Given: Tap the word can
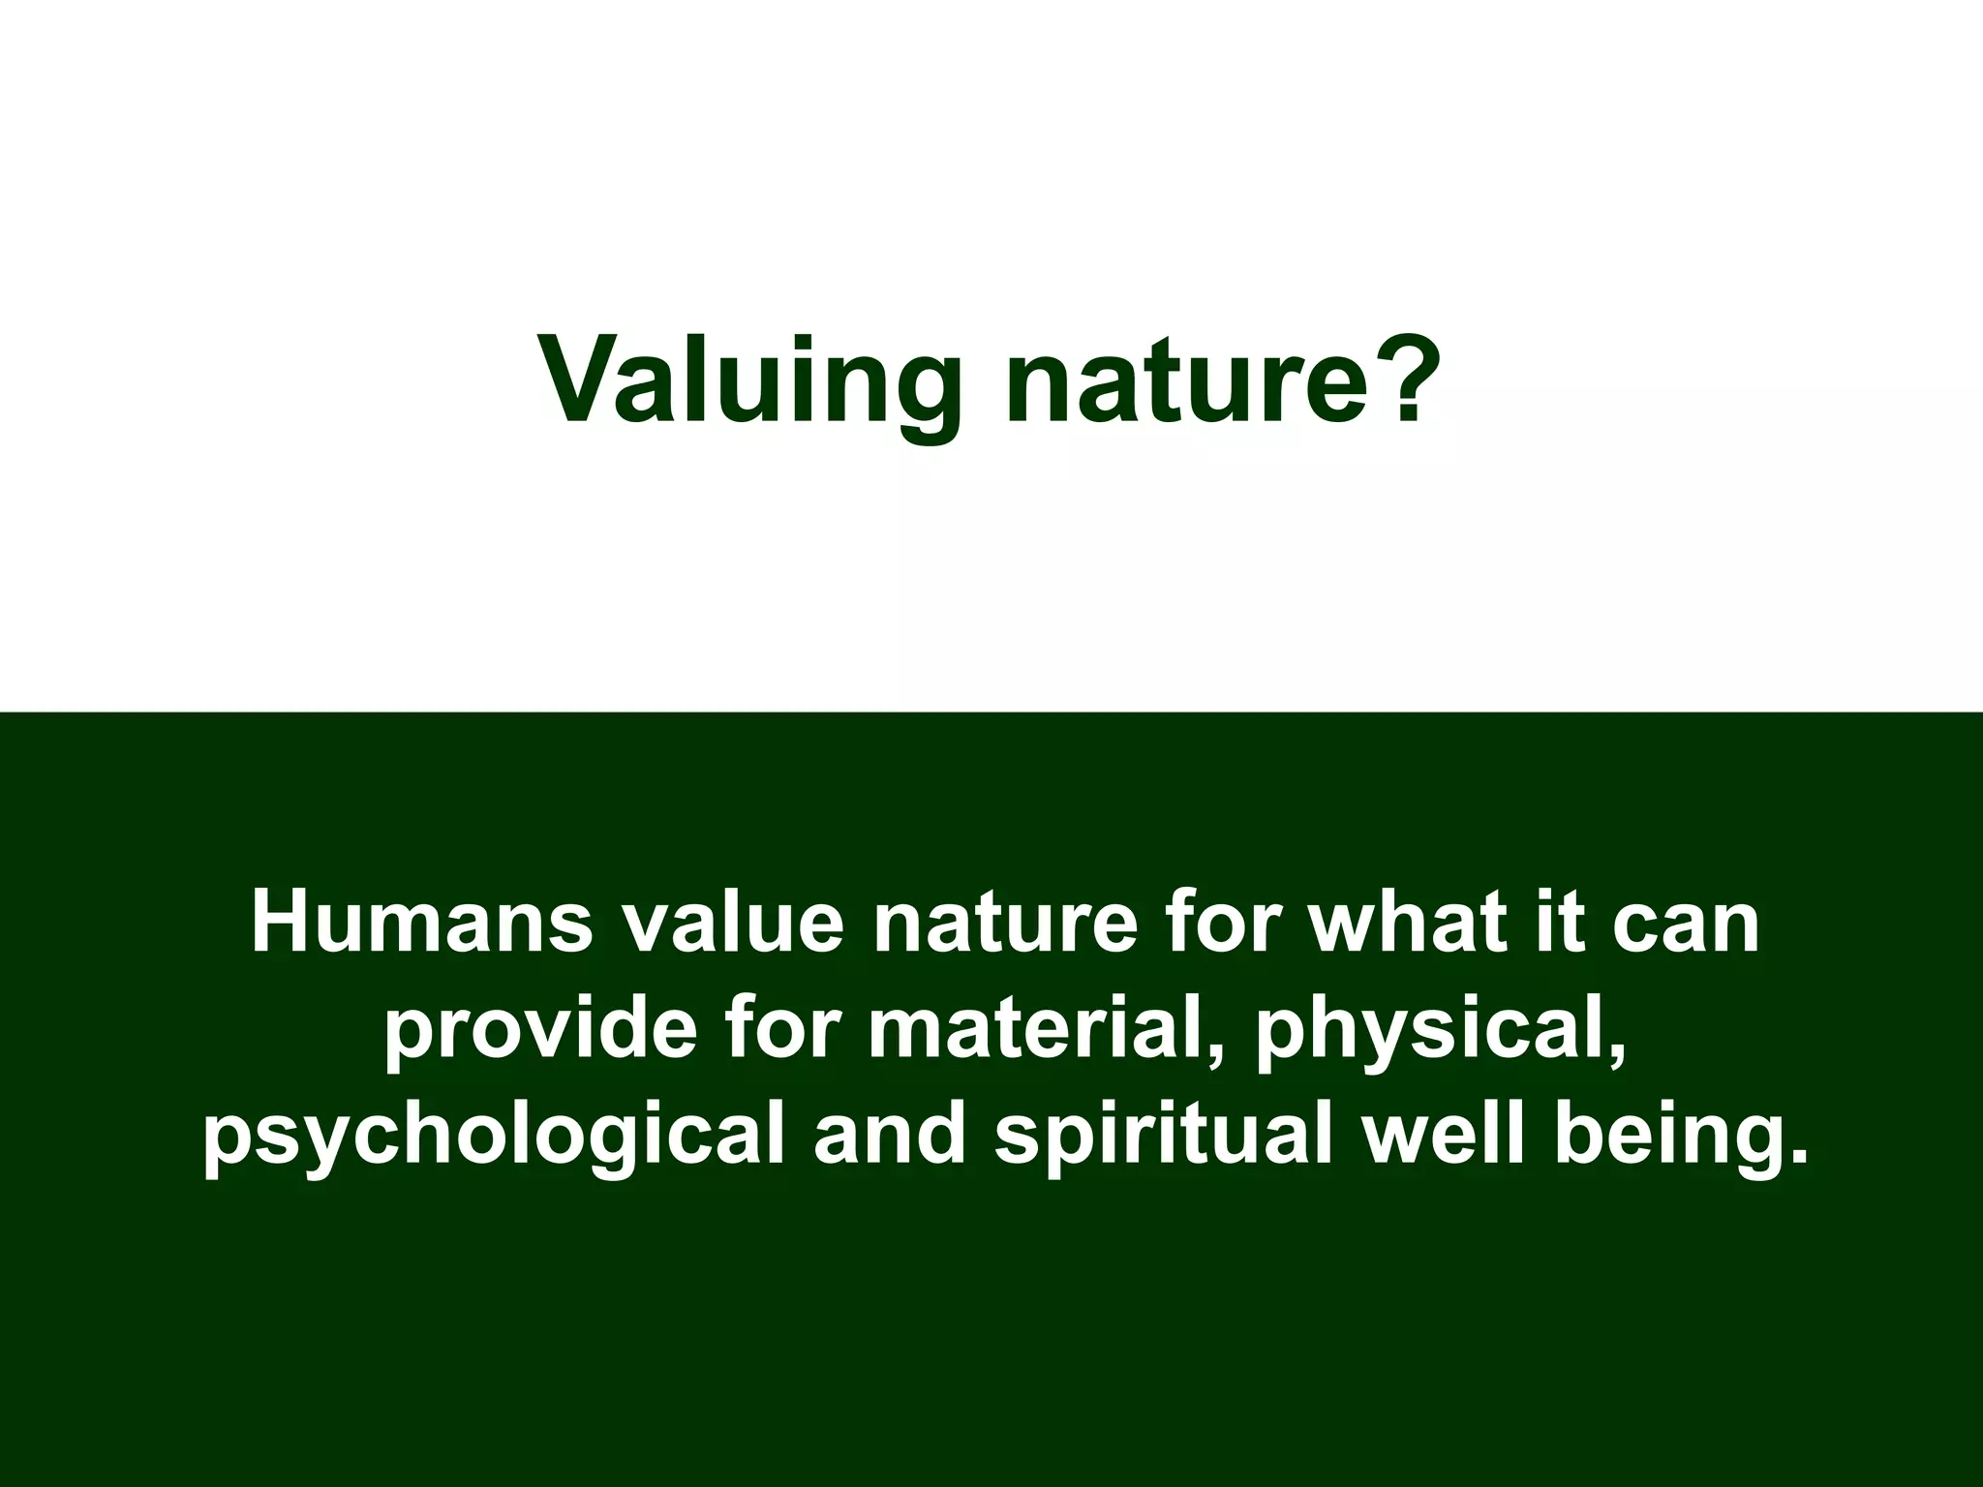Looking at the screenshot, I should pyautogui.click(x=1686, y=925).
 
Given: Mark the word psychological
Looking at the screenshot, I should pyautogui.click(x=494, y=1137).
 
